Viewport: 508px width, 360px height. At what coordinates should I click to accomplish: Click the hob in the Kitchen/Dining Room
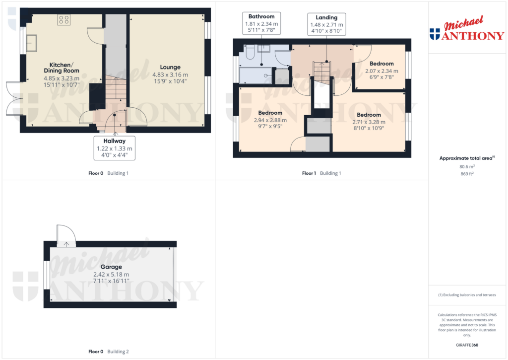click(63, 20)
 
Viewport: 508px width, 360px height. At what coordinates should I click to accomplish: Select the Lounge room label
click(170, 67)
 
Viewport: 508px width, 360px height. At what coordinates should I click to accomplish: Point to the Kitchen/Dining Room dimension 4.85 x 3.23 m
click(61, 78)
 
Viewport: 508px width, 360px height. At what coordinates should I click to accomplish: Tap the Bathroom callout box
click(261, 24)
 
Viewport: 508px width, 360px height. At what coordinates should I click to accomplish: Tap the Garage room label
click(112, 267)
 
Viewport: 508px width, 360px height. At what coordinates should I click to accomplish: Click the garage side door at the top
click(65, 236)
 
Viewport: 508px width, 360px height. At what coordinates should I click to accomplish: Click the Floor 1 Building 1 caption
click(321, 173)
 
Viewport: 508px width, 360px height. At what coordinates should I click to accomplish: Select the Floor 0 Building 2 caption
click(108, 352)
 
